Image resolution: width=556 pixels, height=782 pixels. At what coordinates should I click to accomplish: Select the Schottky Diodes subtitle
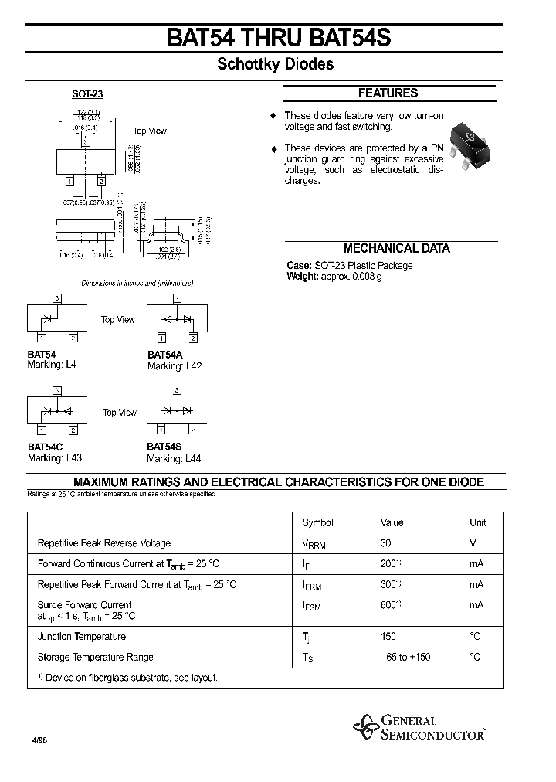tap(275, 65)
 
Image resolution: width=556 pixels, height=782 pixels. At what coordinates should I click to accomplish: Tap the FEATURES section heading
tap(388, 93)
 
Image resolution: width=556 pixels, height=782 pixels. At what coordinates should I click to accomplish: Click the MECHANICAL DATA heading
tap(396, 249)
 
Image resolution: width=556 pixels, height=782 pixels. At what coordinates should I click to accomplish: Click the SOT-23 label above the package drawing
tap(87, 94)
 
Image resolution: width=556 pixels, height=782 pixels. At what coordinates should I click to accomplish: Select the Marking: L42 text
tap(175, 366)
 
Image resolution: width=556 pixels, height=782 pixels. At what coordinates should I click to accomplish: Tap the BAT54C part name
tap(46, 447)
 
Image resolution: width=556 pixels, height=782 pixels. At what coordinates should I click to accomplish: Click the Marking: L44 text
tap(175, 458)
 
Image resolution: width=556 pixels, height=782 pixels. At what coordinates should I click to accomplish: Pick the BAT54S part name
tap(165, 447)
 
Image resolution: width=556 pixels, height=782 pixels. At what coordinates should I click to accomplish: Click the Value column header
tap(392, 522)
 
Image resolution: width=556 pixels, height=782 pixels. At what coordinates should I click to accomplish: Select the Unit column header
tap(478, 522)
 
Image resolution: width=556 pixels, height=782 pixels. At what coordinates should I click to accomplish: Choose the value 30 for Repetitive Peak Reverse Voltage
tap(387, 543)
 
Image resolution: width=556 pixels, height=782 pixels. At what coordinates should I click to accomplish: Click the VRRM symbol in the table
tap(314, 544)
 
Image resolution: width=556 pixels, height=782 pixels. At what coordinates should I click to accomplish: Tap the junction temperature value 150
tap(388, 637)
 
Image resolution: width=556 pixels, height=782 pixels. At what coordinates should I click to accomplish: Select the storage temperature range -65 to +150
tap(405, 658)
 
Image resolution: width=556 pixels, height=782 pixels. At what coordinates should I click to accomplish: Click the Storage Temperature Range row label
tap(96, 658)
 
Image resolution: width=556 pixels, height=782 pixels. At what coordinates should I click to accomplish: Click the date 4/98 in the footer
tap(38, 739)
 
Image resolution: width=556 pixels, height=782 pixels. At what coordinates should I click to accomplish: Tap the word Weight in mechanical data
tap(302, 277)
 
